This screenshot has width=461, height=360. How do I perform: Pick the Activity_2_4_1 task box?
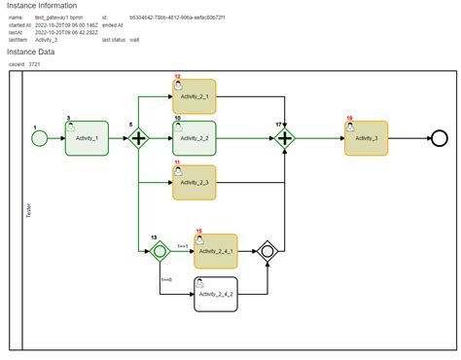coord(215,251)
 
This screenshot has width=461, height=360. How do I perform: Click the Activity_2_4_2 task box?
coord(215,293)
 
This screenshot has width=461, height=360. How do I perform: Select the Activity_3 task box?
coord(366,138)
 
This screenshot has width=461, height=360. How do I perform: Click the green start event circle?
coord(39,138)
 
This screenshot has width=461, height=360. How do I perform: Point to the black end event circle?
coord(426,138)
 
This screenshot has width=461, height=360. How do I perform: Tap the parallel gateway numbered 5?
coord(138,138)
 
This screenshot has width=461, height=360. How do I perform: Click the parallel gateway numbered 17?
coord(285,138)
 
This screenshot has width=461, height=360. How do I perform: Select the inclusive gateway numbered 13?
coord(160,251)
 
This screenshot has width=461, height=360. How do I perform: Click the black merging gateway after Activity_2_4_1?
coord(267,251)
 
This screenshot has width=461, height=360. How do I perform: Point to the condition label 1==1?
coord(182,247)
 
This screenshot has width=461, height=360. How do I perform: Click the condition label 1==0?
coord(167,280)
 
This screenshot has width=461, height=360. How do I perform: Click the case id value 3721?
coord(35,63)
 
